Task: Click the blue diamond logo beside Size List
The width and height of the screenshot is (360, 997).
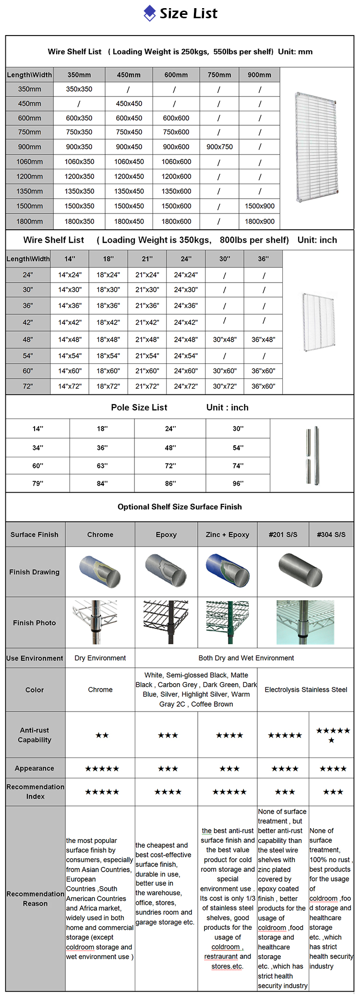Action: coord(150,13)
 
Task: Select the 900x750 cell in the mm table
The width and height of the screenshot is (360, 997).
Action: coord(219,147)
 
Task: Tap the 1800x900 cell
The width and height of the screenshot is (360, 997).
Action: coord(260,221)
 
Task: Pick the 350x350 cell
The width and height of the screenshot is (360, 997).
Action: coord(79,89)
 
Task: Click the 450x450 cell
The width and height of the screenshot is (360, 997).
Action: coord(129,103)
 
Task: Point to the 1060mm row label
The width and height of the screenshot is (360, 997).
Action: coord(30,162)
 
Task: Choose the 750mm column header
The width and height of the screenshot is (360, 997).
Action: coord(219,75)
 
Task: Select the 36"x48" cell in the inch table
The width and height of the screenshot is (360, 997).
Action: coord(263,339)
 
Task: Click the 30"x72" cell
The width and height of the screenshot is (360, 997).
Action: coord(225,386)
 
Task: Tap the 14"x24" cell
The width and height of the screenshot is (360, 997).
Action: coord(70,275)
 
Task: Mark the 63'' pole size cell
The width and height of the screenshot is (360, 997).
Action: coord(102,465)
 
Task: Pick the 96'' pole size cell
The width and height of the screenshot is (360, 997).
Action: coord(238,483)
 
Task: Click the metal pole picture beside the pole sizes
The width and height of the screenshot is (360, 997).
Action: coord(312,455)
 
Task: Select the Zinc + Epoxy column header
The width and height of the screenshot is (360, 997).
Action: coord(228,534)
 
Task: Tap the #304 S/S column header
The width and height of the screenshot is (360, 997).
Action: coord(331,534)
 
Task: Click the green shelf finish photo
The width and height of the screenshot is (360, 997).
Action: coord(228,622)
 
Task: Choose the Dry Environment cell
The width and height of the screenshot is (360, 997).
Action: coord(100,658)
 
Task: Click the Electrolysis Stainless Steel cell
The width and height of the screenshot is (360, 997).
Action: coord(306,689)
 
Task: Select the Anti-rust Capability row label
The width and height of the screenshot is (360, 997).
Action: coord(35,735)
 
